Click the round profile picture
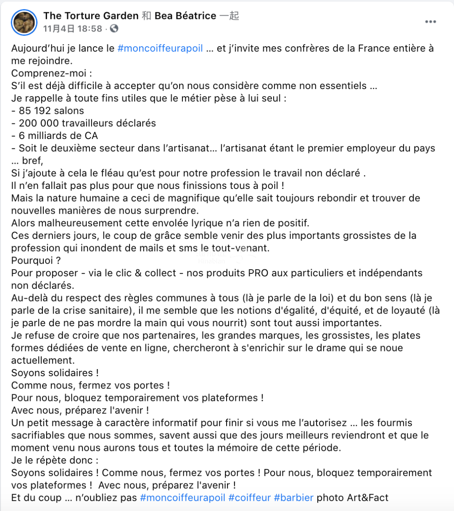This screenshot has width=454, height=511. (25, 22)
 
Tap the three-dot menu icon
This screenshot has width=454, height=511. (430, 22)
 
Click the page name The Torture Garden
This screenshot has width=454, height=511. (91, 16)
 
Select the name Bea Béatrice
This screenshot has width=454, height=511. (185, 16)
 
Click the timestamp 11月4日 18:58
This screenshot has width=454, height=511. (73, 29)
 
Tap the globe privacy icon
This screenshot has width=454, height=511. (114, 29)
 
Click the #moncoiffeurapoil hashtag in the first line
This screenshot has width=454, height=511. (160, 48)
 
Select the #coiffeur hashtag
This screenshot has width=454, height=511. (249, 498)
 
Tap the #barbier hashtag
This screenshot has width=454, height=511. (293, 498)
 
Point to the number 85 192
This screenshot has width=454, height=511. (51, 111)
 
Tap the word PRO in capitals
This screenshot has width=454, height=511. (258, 273)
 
